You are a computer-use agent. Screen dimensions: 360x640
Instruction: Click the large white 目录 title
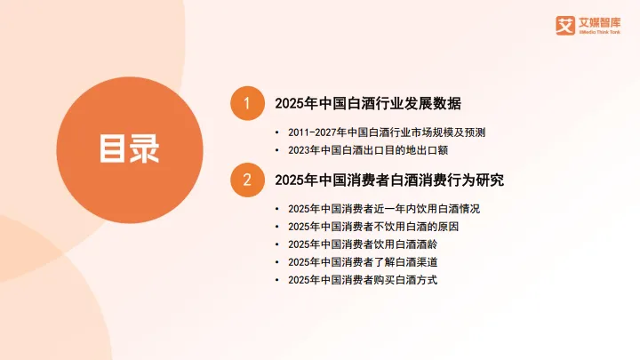click(129, 148)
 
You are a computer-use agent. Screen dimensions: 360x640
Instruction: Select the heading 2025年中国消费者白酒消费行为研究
click(389, 180)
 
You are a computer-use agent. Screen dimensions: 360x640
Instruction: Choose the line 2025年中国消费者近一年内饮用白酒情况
click(384, 209)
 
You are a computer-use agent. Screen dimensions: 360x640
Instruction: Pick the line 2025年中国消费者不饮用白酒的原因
click(378, 227)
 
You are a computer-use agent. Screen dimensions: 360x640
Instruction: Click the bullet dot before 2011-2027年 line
click(278, 132)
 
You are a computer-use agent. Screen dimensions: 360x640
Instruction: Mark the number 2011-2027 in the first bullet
click(314, 132)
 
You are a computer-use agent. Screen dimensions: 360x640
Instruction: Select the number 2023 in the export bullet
click(300, 150)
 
